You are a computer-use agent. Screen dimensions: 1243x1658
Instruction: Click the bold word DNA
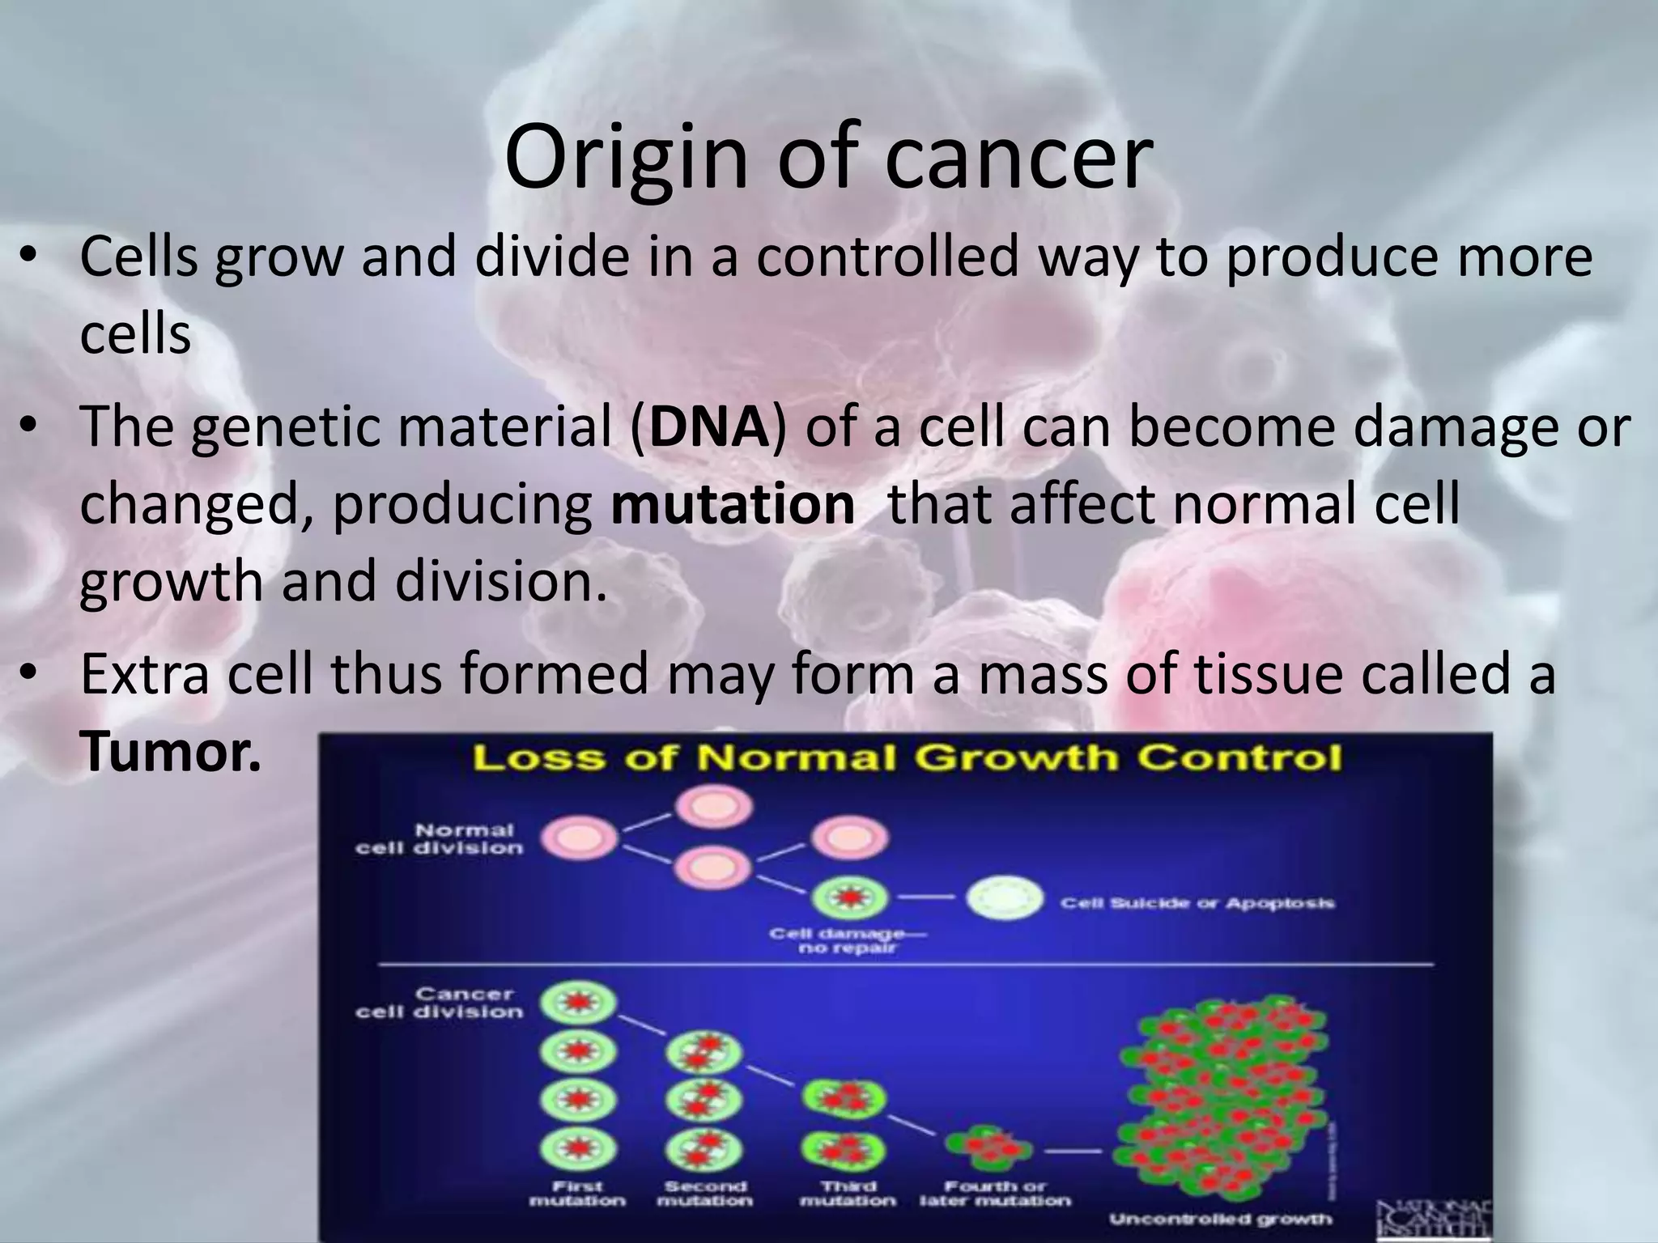tap(708, 426)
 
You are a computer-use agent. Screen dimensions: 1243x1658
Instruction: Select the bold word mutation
tap(733, 504)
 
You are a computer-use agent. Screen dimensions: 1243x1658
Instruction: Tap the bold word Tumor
tap(170, 752)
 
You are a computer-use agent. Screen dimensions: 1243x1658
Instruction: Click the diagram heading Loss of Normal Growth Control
tap(907, 759)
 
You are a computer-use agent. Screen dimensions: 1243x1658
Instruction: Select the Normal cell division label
tap(440, 839)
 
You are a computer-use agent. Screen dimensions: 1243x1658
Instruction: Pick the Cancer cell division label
tap(440, 1003)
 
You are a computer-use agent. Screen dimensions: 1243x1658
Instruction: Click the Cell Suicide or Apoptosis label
tap(1197, 902)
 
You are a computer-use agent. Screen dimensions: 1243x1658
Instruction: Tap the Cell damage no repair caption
tap(848, 940)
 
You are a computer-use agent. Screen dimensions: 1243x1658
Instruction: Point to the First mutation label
tap(577, 1193)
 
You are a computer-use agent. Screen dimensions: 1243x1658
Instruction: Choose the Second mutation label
tap(704, 1193)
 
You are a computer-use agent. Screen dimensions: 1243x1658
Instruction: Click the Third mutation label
tap(848, 1193)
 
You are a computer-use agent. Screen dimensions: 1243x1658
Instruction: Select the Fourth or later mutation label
tap(995, 1193)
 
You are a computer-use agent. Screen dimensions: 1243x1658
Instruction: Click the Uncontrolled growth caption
tap(1220, 1219)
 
